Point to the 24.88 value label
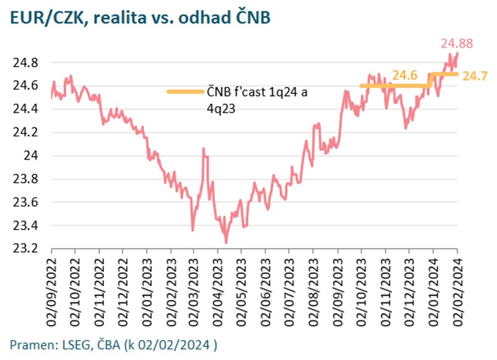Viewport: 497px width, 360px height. [457, 44]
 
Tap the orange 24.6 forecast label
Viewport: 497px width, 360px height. [404, 76]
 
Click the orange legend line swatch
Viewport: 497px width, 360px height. [185, 92]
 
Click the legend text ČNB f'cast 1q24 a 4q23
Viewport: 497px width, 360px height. [257, 99]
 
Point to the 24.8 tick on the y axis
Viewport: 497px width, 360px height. [26, 63]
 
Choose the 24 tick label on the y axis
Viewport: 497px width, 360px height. [32, 156]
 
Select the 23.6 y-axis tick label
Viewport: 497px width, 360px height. [26, 202]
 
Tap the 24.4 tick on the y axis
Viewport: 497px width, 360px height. [26, 109]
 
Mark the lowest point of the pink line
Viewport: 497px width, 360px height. [226, 242]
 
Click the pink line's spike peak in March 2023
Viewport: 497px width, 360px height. [203, 149]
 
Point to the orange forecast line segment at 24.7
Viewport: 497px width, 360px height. [445, 74]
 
